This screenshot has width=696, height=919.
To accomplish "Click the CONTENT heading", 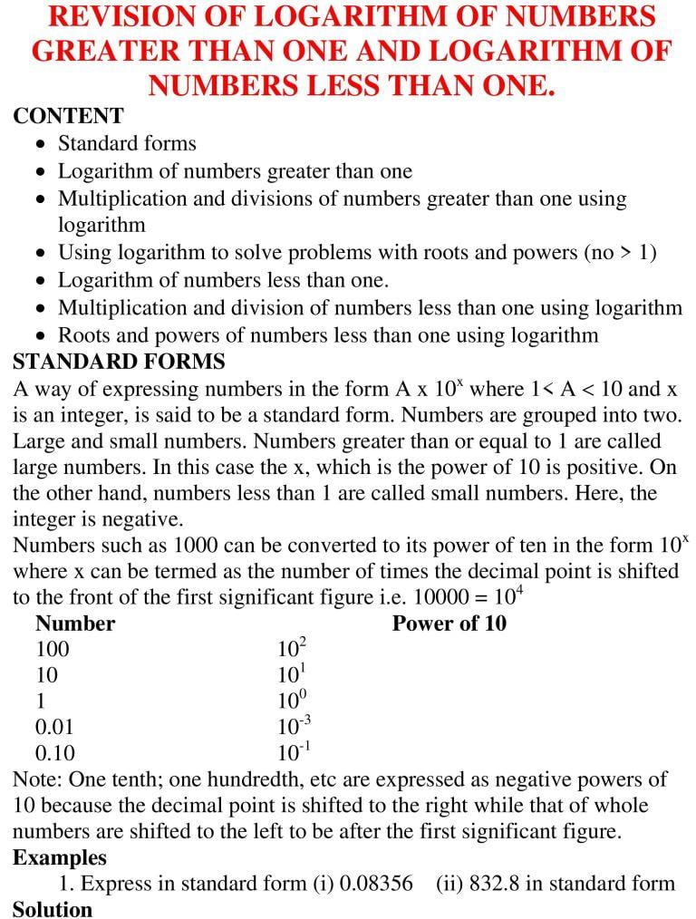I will pos(68,116).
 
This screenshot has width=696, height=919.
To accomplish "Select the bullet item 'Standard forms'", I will pos(127,143).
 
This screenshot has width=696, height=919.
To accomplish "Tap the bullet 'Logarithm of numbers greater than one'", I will pos(235,170).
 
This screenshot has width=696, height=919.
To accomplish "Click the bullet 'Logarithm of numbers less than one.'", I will pos(223,280).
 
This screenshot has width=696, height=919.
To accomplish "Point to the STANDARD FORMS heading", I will pos(119,362).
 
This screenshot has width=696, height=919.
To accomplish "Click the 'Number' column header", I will pos(75,624).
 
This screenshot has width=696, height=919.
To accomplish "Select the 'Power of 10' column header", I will pos(449,624).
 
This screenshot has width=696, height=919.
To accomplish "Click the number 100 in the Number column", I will pos(52,650).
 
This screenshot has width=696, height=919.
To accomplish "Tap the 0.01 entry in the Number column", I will pos(54,727).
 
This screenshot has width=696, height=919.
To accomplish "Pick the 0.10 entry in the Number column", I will pos(54,753).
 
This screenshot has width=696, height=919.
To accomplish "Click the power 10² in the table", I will pos(292,648).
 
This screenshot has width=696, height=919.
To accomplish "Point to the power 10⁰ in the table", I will pos(292,700).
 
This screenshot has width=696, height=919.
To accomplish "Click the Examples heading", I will pos(59,857).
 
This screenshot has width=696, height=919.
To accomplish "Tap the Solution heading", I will pos(53,909).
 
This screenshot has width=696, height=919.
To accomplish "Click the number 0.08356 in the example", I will pos(375,883).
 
